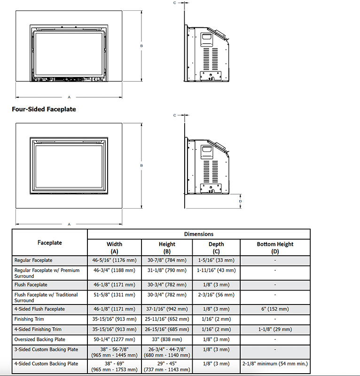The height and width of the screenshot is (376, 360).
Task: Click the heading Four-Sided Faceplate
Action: pyautogui.click(x=44, y=109)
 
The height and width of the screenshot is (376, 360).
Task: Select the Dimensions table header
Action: pyautogui.click(x=198, y=234)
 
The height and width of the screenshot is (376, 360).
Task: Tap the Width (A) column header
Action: pyautogui.click(x=114, y=247)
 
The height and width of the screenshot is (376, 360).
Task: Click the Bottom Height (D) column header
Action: pyautogui.click(x=275, y=247)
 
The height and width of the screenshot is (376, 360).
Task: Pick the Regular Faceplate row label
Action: pyautogui.click(x=33, y=260)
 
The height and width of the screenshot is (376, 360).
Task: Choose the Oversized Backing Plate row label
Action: pyautogui.click(x=39, y=339)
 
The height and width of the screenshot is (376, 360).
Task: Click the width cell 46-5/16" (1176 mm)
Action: pyautogui.click(x=114, y=260)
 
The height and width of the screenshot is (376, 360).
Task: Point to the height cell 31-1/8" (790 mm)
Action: pyautogui.click(x=167, y=271)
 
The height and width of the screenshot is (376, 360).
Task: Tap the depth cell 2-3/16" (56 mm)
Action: pyautogui.click(x=216, y=295)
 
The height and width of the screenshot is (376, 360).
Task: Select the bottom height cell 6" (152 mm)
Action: pyautogui.click(x=275, y=309)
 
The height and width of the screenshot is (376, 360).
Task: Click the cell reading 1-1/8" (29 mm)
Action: pyautogui.click(x=275, y=329)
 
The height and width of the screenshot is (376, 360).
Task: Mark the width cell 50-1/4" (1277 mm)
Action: pyautogui.click(x=114, y=339)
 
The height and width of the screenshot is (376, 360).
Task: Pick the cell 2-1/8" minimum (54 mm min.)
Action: pyautogui.click(x=275, y=364)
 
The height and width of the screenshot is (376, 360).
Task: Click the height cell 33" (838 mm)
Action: pyautogui.click(x=167, y=339)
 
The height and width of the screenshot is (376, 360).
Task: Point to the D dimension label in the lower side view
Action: pyautogui.click(x=241, y=201)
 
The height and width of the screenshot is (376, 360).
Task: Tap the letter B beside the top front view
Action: pyautogui.click(x=141, y=46)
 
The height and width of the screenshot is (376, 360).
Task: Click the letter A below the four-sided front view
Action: pyautogui.click(x=69, y=224)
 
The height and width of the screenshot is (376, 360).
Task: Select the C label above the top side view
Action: pyautogui.click(x=174, y=3)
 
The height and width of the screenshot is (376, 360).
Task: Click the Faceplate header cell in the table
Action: pyautogui.click(x=50, y=243)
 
